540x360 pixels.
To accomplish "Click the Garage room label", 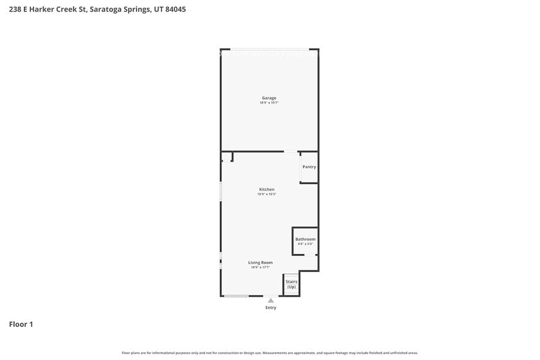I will point(269,98).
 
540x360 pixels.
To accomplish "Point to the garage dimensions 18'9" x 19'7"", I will point(269,103).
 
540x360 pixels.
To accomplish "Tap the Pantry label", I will point(309,167).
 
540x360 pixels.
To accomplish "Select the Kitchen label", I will point(266,189).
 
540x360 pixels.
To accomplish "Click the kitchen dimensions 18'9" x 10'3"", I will point(266,194).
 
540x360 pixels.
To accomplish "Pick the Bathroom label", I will point(305,239).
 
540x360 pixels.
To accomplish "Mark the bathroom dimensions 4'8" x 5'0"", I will point(305,244).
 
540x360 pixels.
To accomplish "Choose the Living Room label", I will point(260,262).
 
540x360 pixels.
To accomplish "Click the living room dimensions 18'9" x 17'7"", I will point(260,267).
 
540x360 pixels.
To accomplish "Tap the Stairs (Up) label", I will point(291,284).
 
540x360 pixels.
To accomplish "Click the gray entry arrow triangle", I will point(271,301).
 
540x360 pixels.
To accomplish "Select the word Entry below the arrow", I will point(271,307).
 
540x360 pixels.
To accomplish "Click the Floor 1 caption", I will point(21,324).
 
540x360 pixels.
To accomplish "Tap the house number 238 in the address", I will point(15,9).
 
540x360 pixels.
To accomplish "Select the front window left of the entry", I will point(236,296).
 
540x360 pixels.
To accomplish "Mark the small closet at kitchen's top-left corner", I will point(227,157).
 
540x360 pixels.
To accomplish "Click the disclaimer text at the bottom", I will point(270,353).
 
